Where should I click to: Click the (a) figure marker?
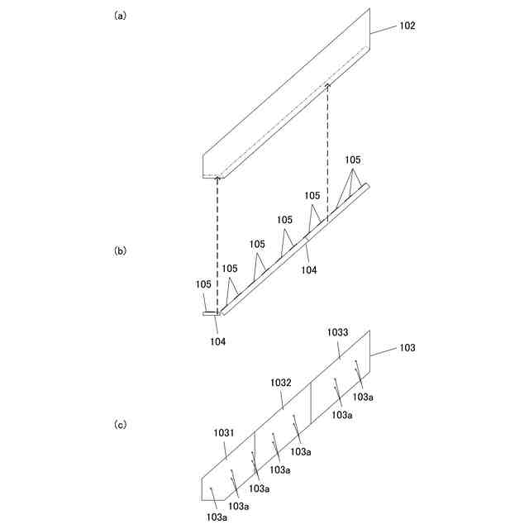[x=120, y=15]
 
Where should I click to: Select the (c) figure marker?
[x=120, y=424]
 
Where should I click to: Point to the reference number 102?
[x=407, y=26]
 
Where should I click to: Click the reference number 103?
[x=407, y=348]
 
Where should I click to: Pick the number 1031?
[x=224, y=432]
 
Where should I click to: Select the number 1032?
[x=281, y=383]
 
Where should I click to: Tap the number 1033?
[x=337, y=331]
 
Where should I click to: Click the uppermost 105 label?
[x=353, y=160]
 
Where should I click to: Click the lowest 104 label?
[x=217, y=341]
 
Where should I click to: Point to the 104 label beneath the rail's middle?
[x=308, y=269]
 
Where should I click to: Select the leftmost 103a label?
[x=217, y=517]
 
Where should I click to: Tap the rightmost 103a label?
[x=363, y=397]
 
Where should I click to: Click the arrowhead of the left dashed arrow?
[x=217, y=178]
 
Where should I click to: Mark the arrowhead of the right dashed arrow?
[x=327, y=84]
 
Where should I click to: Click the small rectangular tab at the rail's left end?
[x=209, y=313]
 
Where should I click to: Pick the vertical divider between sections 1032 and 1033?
[x=311, y=403]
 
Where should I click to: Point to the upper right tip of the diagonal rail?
[x=368, y=184]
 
